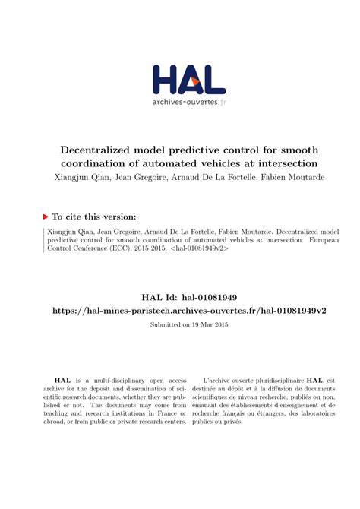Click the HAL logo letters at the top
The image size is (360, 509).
click(x=180, y=79)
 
